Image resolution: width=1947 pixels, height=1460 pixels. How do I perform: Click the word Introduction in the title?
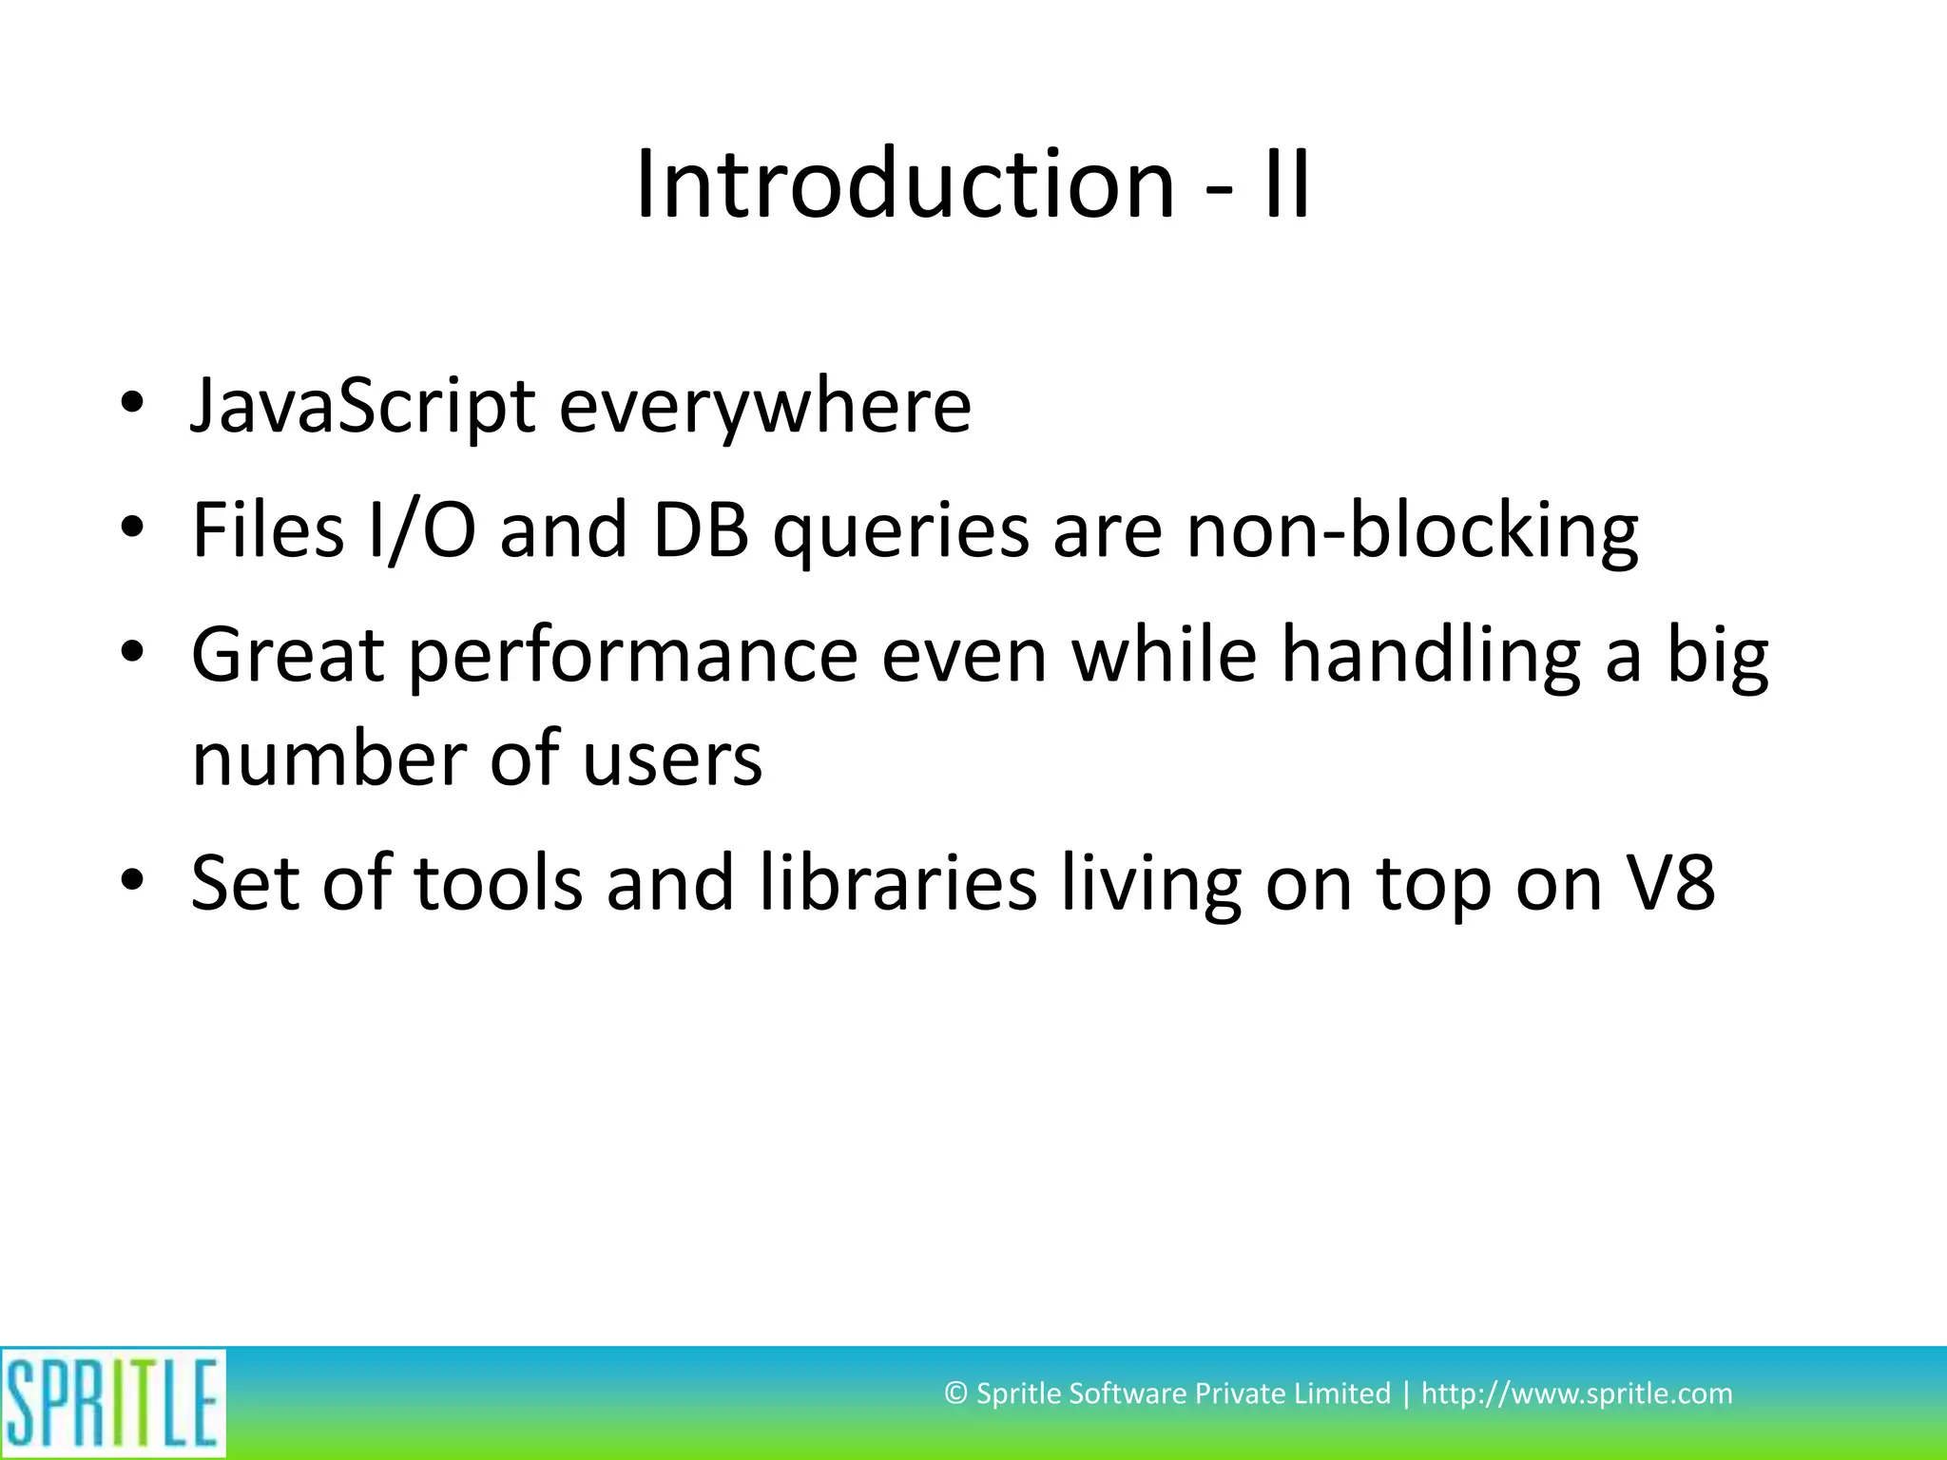(904, 184)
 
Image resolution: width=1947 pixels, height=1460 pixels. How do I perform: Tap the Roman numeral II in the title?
(1287, 184)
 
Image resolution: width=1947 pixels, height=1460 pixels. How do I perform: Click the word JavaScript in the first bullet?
(362, 407)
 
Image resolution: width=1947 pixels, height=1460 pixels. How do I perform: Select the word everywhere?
(764, 407)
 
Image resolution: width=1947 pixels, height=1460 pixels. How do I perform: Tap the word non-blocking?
(1412, 530)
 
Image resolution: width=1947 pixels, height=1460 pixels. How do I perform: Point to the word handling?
(1431, 656)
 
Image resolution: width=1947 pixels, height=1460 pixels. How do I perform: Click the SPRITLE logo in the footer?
(113, 1403)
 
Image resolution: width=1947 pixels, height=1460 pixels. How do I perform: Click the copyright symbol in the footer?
(955, 1393)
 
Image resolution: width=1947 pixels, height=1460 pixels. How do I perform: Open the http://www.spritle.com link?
(1576, 1393)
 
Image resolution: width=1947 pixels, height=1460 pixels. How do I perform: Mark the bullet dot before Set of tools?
(132, 879)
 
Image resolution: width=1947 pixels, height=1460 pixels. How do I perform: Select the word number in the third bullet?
(328, 760)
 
